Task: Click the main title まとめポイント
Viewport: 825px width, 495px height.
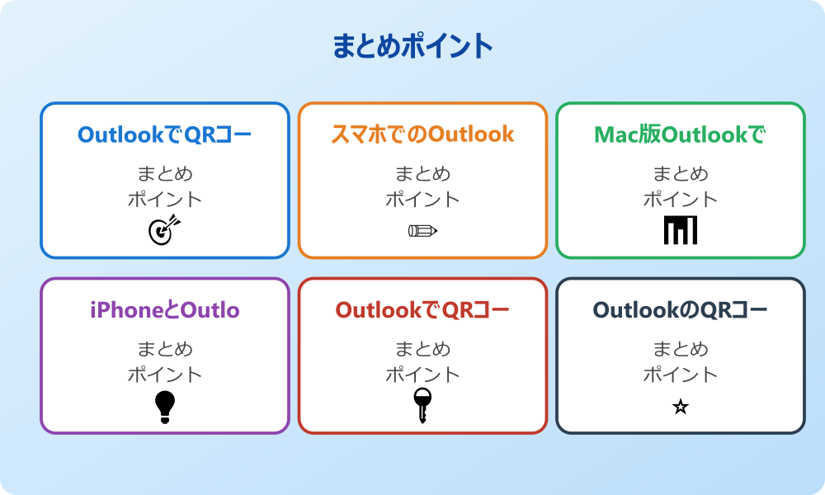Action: tap(412, 47)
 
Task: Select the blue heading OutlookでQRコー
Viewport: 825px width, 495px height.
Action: tap(165, 134)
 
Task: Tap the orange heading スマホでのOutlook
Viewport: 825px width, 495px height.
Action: tap(422, 134)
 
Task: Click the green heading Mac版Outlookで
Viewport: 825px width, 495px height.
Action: tap(680, 134)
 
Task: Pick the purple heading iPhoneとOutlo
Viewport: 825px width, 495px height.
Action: tap(165, 310)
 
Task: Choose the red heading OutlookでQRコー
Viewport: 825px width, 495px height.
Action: tap(422, 310)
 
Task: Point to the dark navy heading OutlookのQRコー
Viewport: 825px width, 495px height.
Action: tap(680, 310)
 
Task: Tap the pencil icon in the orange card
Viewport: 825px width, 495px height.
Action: tap(422, 230)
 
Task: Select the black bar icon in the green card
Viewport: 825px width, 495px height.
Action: tap(681, 230)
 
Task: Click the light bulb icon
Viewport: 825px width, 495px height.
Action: tap(165, 407)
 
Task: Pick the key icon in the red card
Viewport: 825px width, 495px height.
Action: tap(422, 405)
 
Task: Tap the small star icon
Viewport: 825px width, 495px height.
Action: tap(681, 407)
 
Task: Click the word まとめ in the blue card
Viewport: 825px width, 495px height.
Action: tap(165, 174)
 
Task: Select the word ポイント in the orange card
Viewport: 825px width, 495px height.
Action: tap(422, 200)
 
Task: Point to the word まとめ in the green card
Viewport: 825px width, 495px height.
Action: tap(681, 174)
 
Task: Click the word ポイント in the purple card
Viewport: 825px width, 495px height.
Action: tap(165, 375)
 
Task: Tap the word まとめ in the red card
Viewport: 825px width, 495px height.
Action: tap(422, 349)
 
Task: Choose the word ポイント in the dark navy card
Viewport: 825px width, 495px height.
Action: tap(681, 375)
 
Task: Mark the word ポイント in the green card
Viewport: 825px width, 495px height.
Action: tap(681, 200)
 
